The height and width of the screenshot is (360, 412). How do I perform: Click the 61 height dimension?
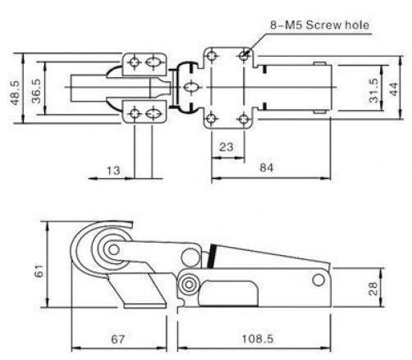tap(39, 271)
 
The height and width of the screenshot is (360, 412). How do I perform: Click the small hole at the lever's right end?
tap(318, 280)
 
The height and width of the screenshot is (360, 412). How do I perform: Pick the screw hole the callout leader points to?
tap(244, 55)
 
